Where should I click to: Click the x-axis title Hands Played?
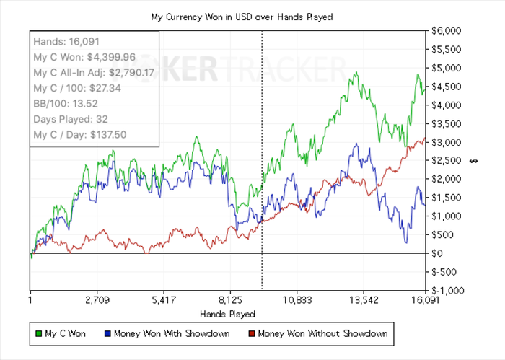(x=227, y=314)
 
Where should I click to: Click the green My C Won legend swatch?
(x=39, y=334)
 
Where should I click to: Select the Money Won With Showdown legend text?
(x=172, y=333)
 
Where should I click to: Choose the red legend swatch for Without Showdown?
(x=252, y=334)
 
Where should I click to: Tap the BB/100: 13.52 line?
(x=66, y=103)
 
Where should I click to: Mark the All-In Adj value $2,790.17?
(x=140, y=72)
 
